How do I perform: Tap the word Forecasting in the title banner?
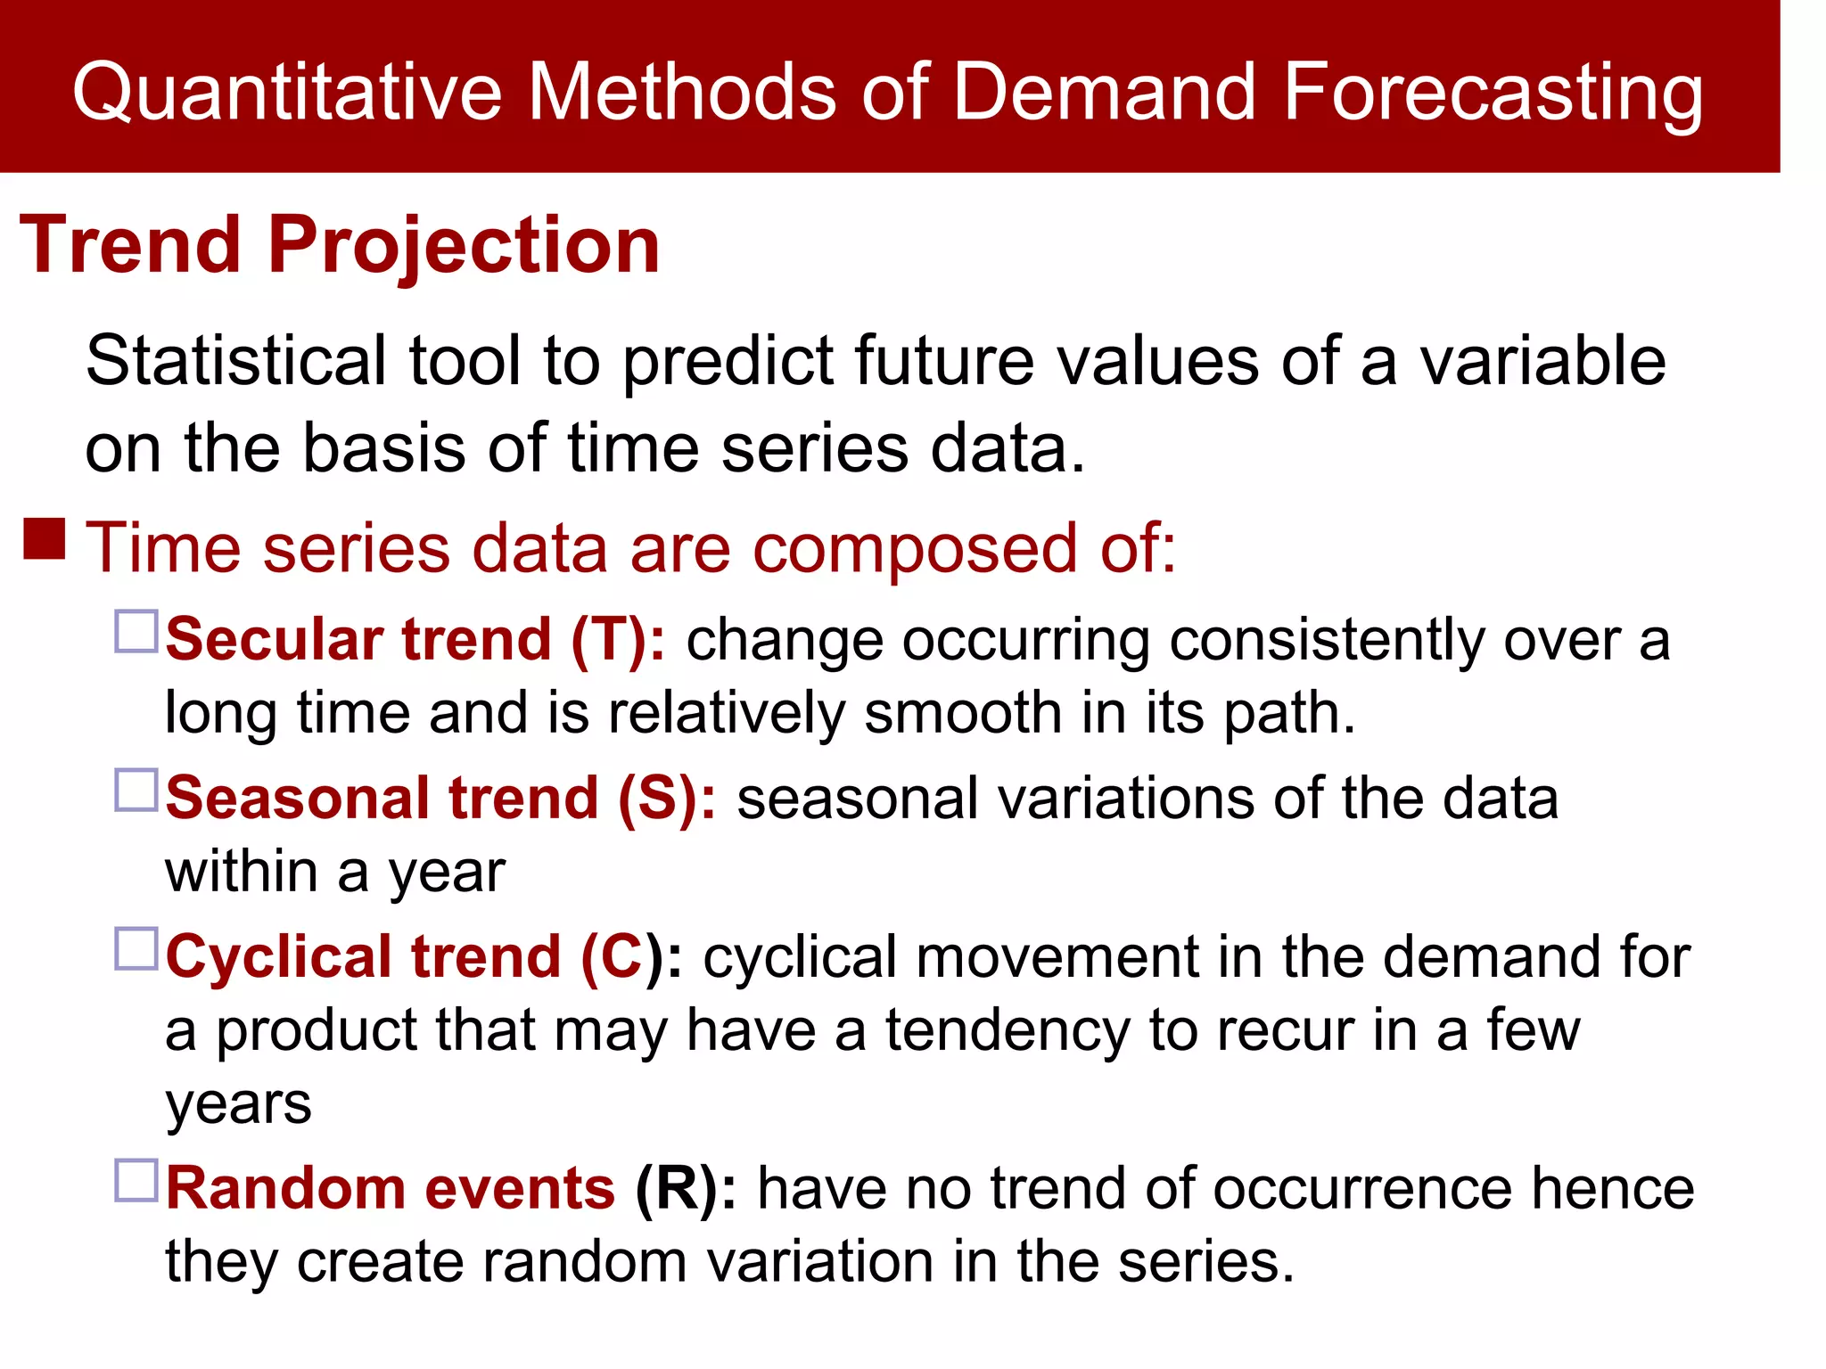click(1493, 92)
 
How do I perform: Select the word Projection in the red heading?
click(464, 245)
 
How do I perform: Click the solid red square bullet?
click(45, 539)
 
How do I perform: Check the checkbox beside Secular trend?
click(136, 631)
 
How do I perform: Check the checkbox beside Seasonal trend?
click(136, 790)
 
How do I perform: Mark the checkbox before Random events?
click(136, 1180)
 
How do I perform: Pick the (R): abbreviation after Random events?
click(685, 1189)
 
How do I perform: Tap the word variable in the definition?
click(1542, 361)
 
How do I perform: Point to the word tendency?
click(1008, 1030)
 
